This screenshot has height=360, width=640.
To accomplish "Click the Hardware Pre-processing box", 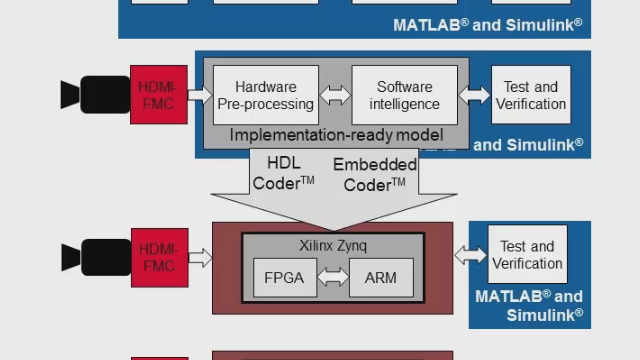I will pos(266,95).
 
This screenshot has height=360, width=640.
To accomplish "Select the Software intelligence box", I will pos(404,95).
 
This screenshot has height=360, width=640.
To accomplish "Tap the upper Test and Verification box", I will pos(531,95).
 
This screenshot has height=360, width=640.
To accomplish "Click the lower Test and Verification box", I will pos(527,255).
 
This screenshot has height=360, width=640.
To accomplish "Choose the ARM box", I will pos(381,278).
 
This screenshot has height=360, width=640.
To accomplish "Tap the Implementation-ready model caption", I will pos(335,135).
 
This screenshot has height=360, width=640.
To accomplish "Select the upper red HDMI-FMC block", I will pos(159,95).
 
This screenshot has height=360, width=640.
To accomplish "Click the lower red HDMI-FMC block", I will pos(159,257).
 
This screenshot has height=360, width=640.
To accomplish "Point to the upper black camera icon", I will pos(94,95).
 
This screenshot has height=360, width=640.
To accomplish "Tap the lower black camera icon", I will pos(94,257).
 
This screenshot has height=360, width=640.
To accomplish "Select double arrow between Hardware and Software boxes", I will pos(335,95).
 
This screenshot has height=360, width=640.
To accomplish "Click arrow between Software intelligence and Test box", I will pos(475,95).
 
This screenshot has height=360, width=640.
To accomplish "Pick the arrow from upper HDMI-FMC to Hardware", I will pos(200,95).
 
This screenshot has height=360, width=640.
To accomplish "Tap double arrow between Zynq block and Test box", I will pos(470,255).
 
